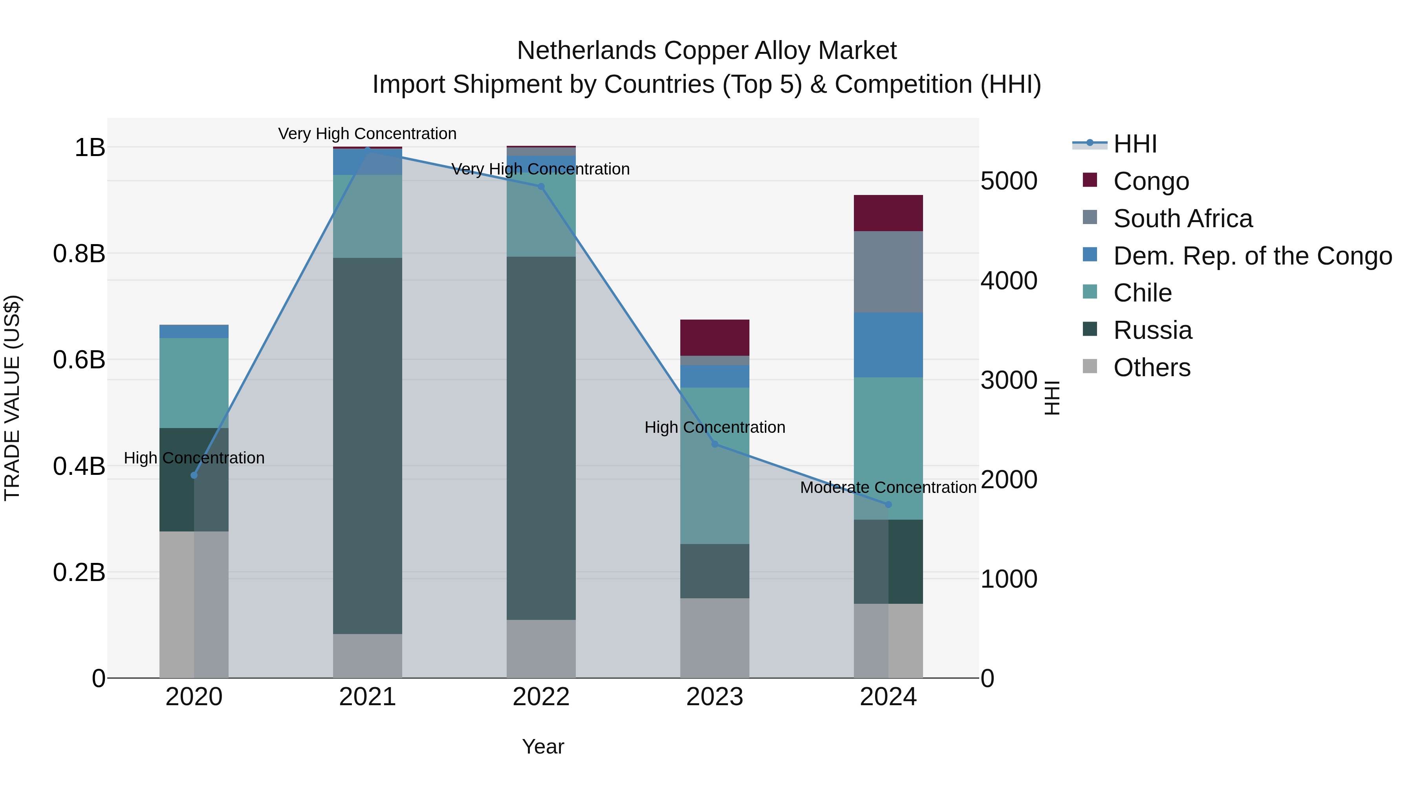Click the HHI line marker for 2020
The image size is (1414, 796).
[194, 475]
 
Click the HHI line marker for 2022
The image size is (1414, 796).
[541, 187]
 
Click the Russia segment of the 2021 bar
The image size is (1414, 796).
[367, 445]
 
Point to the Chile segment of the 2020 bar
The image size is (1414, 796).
[194, 383]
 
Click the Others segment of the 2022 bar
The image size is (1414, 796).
[541, 649]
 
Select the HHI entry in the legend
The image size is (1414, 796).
[1135, 144]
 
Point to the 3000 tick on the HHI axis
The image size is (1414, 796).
[1009, 380]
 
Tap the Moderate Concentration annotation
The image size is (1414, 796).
[888, 487]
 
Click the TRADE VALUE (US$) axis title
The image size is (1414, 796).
[13, 398]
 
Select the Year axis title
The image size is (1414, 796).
[543, 746]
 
